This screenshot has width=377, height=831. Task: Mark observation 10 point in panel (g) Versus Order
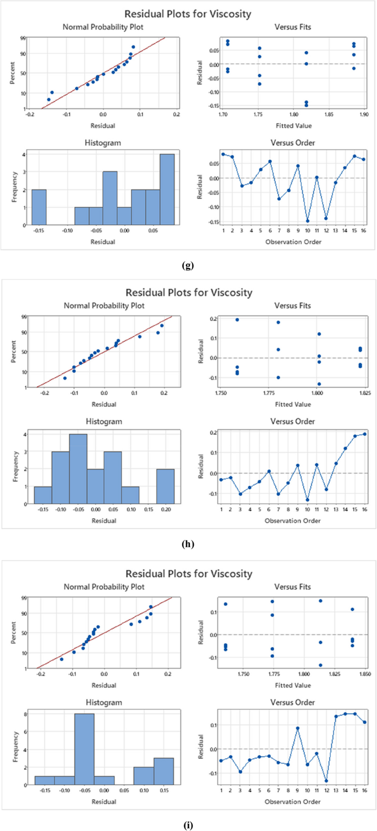[x=307, y=221]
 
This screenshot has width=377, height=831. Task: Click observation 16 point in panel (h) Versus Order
[x=364, y=434]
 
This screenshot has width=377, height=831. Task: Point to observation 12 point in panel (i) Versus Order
[x=326, y=781]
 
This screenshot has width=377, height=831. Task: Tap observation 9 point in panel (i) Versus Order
[x=298, y=728]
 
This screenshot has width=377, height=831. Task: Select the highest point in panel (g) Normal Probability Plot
[x=133, y=47]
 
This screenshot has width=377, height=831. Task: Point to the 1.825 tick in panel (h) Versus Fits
[x=364, y=395]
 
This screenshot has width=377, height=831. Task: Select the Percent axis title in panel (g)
[x=12, y=73]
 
